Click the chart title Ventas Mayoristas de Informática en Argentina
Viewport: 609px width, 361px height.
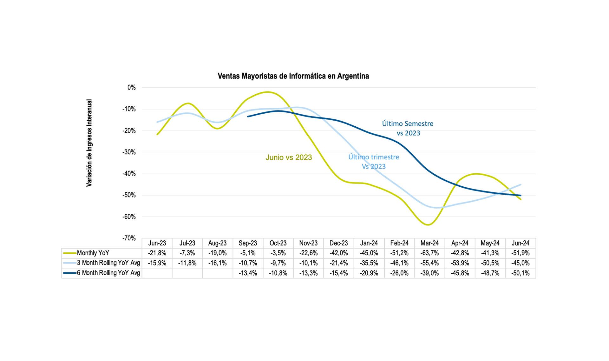pyautogui.click(x=293, y=76)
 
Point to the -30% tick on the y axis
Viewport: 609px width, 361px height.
pyautogui.click(x=129, y=152)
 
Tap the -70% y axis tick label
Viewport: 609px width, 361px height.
pyautogui.click(x=129, y=238)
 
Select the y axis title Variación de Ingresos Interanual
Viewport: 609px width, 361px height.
pyautogui.click(x=89, y=143)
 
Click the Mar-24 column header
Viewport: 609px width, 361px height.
pyautogui.click(x=429, y=243)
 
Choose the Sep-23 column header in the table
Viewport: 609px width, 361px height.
pyautogui.click(x=248, y=243)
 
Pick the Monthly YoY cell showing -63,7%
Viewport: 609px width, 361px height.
pyautogui.click(x=429, y=253)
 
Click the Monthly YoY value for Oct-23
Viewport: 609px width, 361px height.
pyautogui.click(x=278, y=253)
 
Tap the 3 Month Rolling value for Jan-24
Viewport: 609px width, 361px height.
pyautogui.click(x=369, y=263)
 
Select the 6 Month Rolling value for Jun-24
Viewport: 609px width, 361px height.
pyautogui.click(x=520, y=273)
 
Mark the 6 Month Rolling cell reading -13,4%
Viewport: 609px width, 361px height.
pyautogui.click(x=248, y=273)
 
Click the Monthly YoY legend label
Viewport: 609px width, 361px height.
pyautogui.click(x=93, y=253)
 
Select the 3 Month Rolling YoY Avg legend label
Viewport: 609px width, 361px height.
pyautogui.click(x=108, y=263)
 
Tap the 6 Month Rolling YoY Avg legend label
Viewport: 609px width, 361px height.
pyautogui.click(x=108, y=273)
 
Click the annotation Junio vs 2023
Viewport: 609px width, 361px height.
pyautogui.click(x=289, y=157)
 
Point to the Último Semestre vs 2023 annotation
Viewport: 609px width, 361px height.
pyautogui.click(x=408, y=128)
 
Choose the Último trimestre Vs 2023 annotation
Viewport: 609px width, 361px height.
pyautogui.click(x=374, y=162)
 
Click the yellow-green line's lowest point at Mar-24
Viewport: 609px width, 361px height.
pyautogui.click(x=428, y=225)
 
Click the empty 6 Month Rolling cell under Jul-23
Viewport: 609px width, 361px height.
pyautogui.click(x=187, y=273)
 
